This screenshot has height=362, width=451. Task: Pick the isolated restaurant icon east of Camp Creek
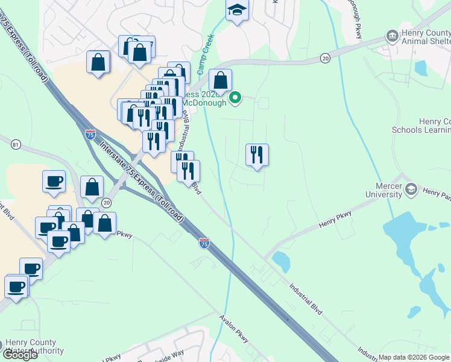[x=257, y=155]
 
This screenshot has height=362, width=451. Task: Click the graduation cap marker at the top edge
[x=238, y=11]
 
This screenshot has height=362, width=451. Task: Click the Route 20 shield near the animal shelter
[x=326, y=58]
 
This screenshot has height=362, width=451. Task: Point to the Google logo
[x=19, y=355]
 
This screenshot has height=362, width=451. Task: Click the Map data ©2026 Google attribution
[x=413, y=357]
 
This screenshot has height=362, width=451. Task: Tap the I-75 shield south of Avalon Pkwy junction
[x=204, y=243]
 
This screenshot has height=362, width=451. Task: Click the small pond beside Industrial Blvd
[x=280, y=261]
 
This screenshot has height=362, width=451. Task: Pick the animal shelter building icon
[x=393, y=36]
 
